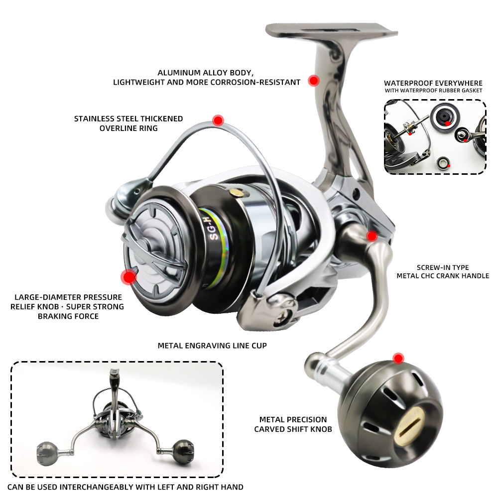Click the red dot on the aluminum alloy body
pos(313,81)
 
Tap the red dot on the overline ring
pos(218,120)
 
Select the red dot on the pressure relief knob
pos(129,276)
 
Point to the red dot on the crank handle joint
pos(371,236)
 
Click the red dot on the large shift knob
pos(397,358)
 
